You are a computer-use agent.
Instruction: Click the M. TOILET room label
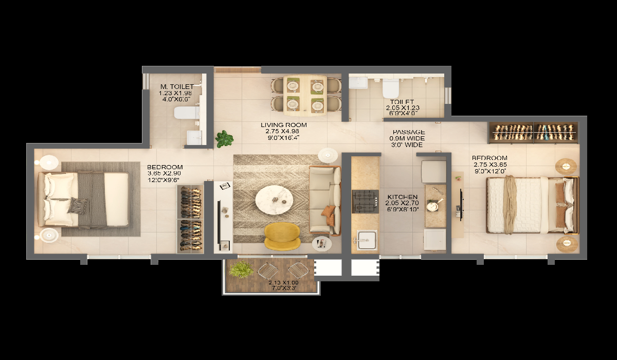176,86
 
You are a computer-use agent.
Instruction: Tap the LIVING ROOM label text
283,125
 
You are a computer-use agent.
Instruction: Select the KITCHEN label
403,197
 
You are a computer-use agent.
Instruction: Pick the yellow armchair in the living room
283,236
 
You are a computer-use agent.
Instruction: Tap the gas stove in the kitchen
365,201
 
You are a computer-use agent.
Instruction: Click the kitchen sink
365,239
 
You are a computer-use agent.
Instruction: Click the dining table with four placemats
305,95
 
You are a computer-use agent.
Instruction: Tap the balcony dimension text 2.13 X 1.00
283,282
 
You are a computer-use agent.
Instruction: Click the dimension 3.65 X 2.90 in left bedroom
165,174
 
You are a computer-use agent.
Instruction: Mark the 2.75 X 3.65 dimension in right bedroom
490,165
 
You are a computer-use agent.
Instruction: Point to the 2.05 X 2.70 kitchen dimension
403,203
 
